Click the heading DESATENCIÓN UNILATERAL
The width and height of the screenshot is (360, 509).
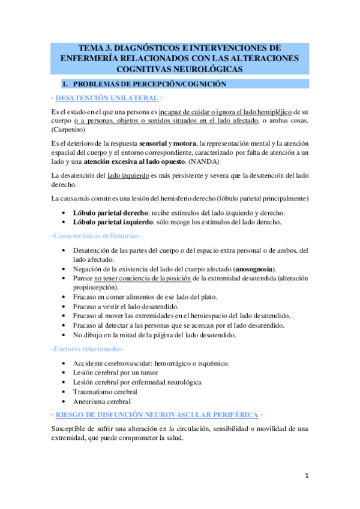coord(107,98)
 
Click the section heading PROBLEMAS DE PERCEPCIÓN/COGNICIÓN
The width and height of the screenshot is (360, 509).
coord(148,85)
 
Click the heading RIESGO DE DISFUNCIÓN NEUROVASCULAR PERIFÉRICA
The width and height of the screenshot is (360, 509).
coord(158,415)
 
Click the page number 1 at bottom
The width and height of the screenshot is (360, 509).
coord(306,476)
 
